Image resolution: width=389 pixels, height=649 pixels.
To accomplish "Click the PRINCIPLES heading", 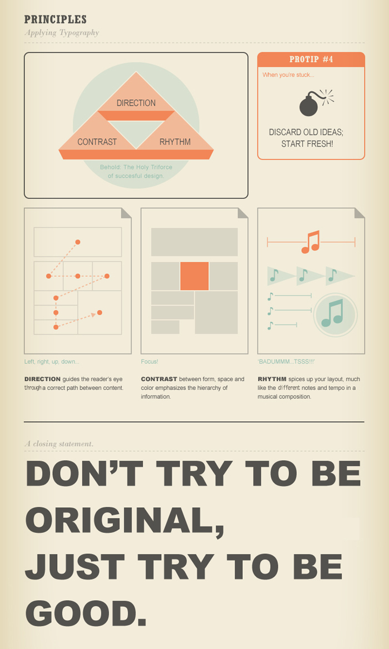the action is pyautogui.click(x=56, y=19).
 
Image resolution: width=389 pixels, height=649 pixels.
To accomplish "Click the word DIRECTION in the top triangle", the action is pyautogui.click(x=136, y=103).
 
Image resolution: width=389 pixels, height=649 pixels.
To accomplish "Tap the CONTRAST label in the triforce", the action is pyautogui.click(x=97, y=142).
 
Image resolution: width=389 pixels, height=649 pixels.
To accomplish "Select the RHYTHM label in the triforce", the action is pyautogui.click(x=175, y=142).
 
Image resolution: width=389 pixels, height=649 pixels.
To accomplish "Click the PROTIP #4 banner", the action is pyautogui.click(x=311, y=59).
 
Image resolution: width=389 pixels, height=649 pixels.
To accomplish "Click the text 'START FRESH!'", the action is pyautogui.click(x=307, y=144).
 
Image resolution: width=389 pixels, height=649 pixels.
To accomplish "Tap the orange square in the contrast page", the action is pyautogui.click(x=194, y=276).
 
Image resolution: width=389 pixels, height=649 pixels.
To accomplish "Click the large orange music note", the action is pyautogui.click(x=311, y=242).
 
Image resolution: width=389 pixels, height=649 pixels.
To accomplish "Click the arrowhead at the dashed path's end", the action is pyautogui.click(x=93, y=315).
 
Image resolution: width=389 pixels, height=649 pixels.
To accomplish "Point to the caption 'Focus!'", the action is pyautogui.click(x=149, y=362).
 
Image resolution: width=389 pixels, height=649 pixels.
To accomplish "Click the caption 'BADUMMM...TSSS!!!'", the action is pyautogui.click(x=286, y=362).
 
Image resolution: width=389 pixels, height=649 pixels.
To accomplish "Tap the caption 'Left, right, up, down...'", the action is pyautogui.click(x=52, y=362).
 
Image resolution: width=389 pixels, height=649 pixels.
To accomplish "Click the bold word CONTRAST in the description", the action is pyautogui.click(x=159, y=379).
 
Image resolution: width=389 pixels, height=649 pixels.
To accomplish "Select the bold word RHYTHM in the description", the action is pyautogui.click(x=272, y=379).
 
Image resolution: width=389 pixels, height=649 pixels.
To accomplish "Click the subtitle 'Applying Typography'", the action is pyautogui.click(x=62, y=33).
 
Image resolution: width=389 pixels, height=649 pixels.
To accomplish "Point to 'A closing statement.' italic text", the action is pyautogui.click(x=59, y=444).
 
